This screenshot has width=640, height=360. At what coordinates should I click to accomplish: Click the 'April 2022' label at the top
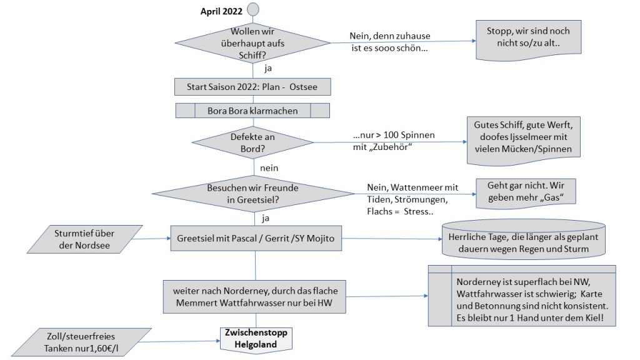coord(221,11)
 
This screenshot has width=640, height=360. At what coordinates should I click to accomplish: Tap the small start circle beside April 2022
coord(252,9)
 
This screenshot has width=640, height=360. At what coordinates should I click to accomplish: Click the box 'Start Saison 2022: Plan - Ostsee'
coord(252,86)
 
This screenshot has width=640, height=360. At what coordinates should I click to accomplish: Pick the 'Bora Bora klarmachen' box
coord(252,111)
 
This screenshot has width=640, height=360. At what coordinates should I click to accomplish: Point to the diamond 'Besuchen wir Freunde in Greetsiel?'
coord(252,194)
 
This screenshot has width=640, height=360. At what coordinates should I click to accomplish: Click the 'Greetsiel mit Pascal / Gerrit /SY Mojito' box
coord(256,238)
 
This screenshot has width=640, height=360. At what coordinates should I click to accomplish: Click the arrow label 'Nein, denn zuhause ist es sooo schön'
coord(390,42)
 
